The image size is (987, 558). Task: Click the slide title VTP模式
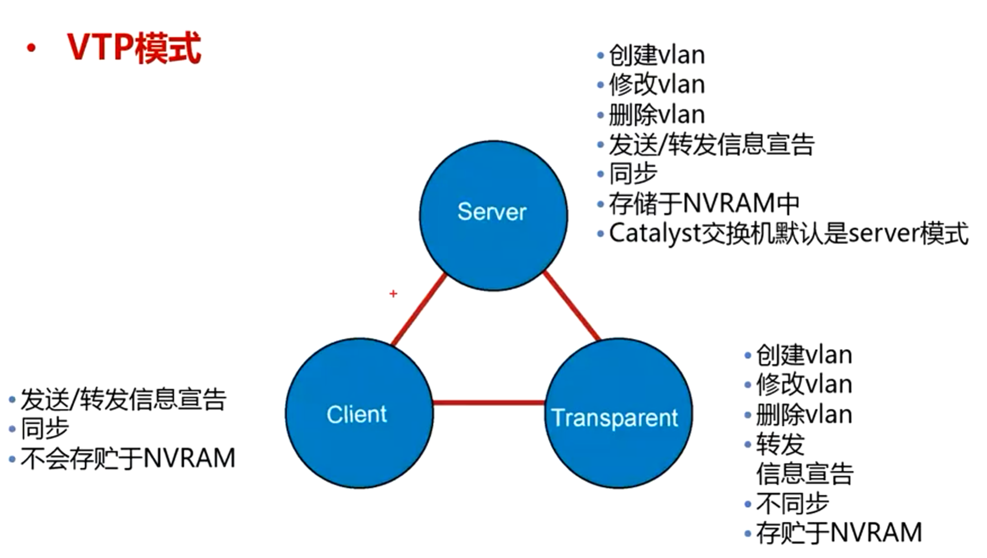coord(134,48)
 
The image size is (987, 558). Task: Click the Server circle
coord(493,214)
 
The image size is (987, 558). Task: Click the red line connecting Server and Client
coord(419,309)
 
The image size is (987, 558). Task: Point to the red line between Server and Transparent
coord(571,306)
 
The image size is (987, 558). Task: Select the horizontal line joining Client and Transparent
coord(489,402)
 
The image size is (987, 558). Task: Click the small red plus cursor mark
coord(393,294)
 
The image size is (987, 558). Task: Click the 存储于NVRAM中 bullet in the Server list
coord(704,203)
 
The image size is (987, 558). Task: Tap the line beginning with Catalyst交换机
coord(788,233)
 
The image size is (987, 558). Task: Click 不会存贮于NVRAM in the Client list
coord(127,458)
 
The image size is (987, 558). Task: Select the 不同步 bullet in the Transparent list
coord(792,503)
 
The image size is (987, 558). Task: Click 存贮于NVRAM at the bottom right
coord(838,533)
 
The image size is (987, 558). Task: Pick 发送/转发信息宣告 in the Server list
coord(711,144)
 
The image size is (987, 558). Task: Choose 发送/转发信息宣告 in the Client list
coord(123,400)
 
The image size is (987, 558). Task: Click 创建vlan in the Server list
coord(656,55)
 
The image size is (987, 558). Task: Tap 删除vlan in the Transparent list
coord(803,415)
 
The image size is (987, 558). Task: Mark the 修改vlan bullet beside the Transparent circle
coord(803,384)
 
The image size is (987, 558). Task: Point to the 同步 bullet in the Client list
coord(45,428)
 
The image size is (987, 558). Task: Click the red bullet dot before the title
coord(31,49)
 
